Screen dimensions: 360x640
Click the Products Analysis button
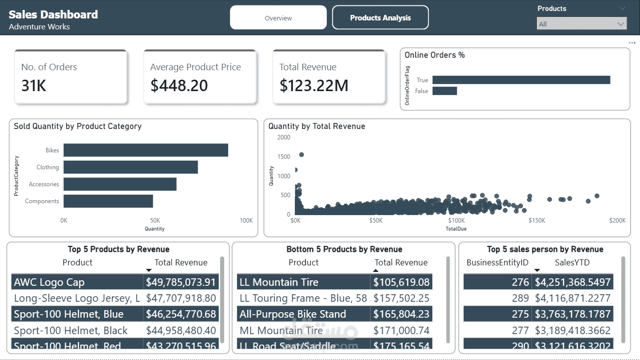click(x=380, y=18)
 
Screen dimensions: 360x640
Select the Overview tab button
click(x=278, y=18)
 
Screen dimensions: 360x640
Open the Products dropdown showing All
click(x=581, y=24)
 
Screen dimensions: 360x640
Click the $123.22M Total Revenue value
click(x=314, y=86)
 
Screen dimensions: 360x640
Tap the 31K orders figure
click(x=34, y=86)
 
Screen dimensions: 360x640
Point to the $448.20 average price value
click(x=179, y=86)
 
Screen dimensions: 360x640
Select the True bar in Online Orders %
click(x=521, y=80)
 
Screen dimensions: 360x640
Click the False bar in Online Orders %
click(x=444, y=91)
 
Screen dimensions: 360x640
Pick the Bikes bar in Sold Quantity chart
click(x=145, y=150)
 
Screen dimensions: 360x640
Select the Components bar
click(x=108, y=201)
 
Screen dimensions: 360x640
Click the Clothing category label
click(x=48, y=167)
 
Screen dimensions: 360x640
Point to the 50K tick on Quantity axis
click(x=155, y=220)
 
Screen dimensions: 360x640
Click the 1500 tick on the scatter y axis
click(x=284, y=157)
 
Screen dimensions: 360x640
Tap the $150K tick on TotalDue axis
click(x=537, y=220)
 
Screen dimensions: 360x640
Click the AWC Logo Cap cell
click(x=49, y=282)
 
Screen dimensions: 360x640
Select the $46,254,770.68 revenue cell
click(x=181, y=314)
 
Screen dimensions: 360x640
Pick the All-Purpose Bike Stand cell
click(x=293, y=314)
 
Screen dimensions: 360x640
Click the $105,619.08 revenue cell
click(x=401, y=282)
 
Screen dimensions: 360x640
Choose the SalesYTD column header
click(x=572, y=262)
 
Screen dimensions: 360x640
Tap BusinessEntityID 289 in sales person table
click(x=520, y=298)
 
